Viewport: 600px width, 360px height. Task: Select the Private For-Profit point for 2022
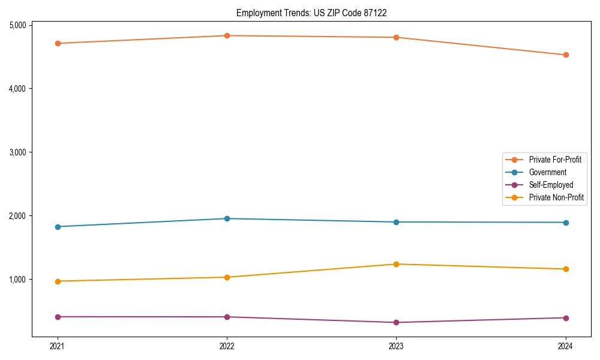coord(227,35)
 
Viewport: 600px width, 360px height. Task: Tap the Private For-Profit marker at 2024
coord(566,55)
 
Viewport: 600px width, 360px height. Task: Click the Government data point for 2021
coord(58,227)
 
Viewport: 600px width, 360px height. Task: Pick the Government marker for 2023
coord(396,222)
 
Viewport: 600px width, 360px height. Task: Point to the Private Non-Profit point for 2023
coord(396,264)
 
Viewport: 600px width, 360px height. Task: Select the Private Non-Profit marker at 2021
coord(58,281)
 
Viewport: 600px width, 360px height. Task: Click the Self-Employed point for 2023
coord(396,323)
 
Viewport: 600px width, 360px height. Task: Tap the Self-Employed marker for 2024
coord(566,318)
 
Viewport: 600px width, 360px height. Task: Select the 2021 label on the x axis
coord(58,346)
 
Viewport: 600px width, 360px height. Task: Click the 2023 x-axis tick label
coord(396,346)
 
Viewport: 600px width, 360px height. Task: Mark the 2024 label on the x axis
coord(566,346)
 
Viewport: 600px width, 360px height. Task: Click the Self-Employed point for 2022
coord(227,317)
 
